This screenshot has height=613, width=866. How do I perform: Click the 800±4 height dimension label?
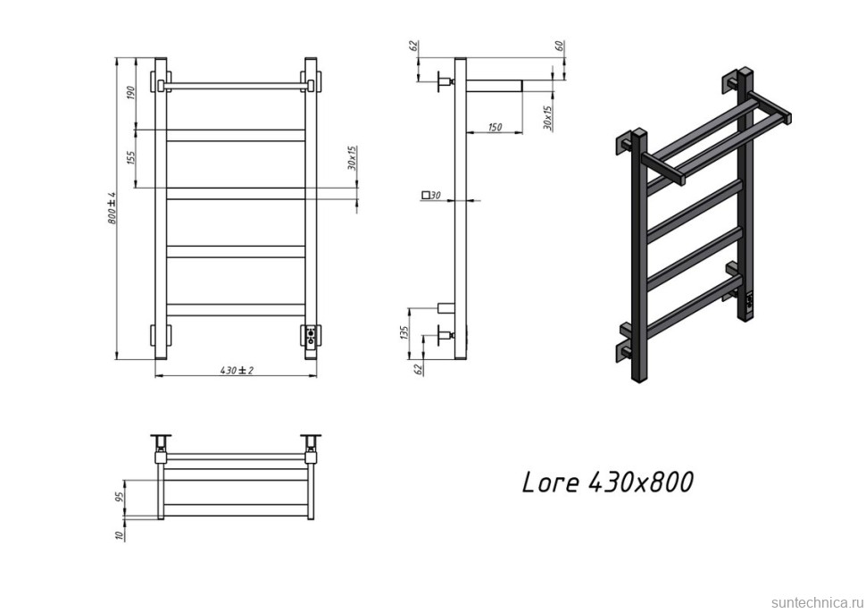112,208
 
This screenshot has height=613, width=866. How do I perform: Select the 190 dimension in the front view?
130,94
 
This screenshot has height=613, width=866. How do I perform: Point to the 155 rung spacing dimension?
130,158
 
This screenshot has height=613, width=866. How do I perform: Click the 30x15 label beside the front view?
352,159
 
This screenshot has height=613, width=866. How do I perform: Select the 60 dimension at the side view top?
558,46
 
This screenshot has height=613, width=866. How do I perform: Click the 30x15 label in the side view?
547,116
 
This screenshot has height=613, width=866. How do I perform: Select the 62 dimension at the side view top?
416,46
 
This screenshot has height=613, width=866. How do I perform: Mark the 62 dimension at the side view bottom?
416,367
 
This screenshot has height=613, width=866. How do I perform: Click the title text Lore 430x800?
607,483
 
